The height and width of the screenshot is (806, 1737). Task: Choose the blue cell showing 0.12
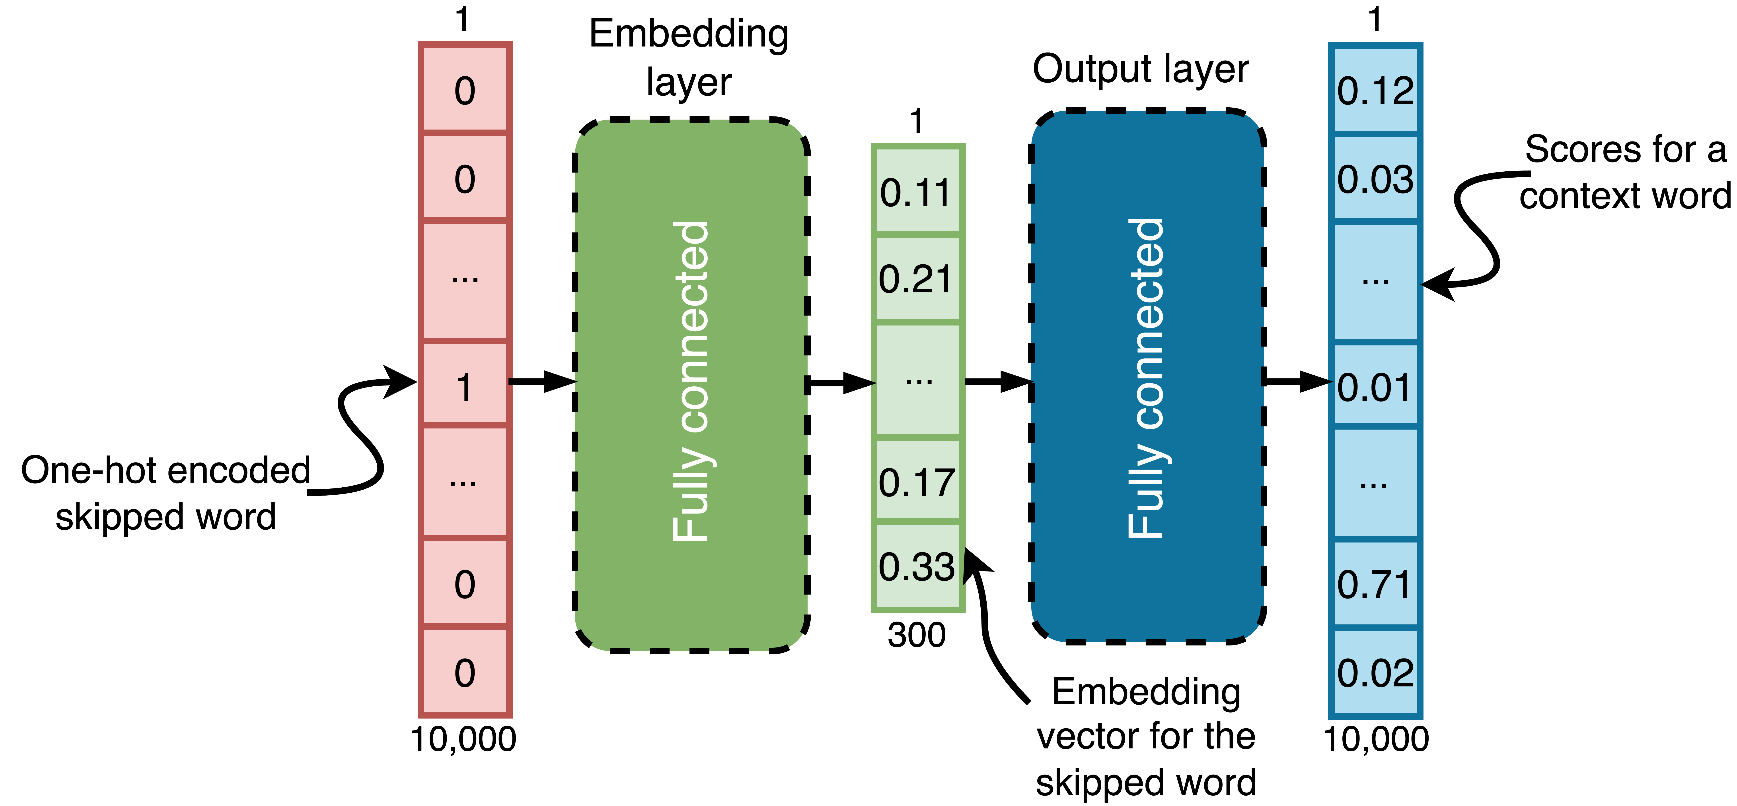pyautogui.click(x=1376, y=90)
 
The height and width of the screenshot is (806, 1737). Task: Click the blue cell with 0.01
pyautogui.click(x=1376, y=387)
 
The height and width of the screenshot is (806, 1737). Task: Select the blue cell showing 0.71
pyautogui.click(x=1376, y=584)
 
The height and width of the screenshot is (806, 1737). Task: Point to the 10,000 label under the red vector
pyautogui.click(x=464, y=739)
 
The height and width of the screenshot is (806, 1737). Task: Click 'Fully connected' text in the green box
pyautogui.click(x=691, y=382)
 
